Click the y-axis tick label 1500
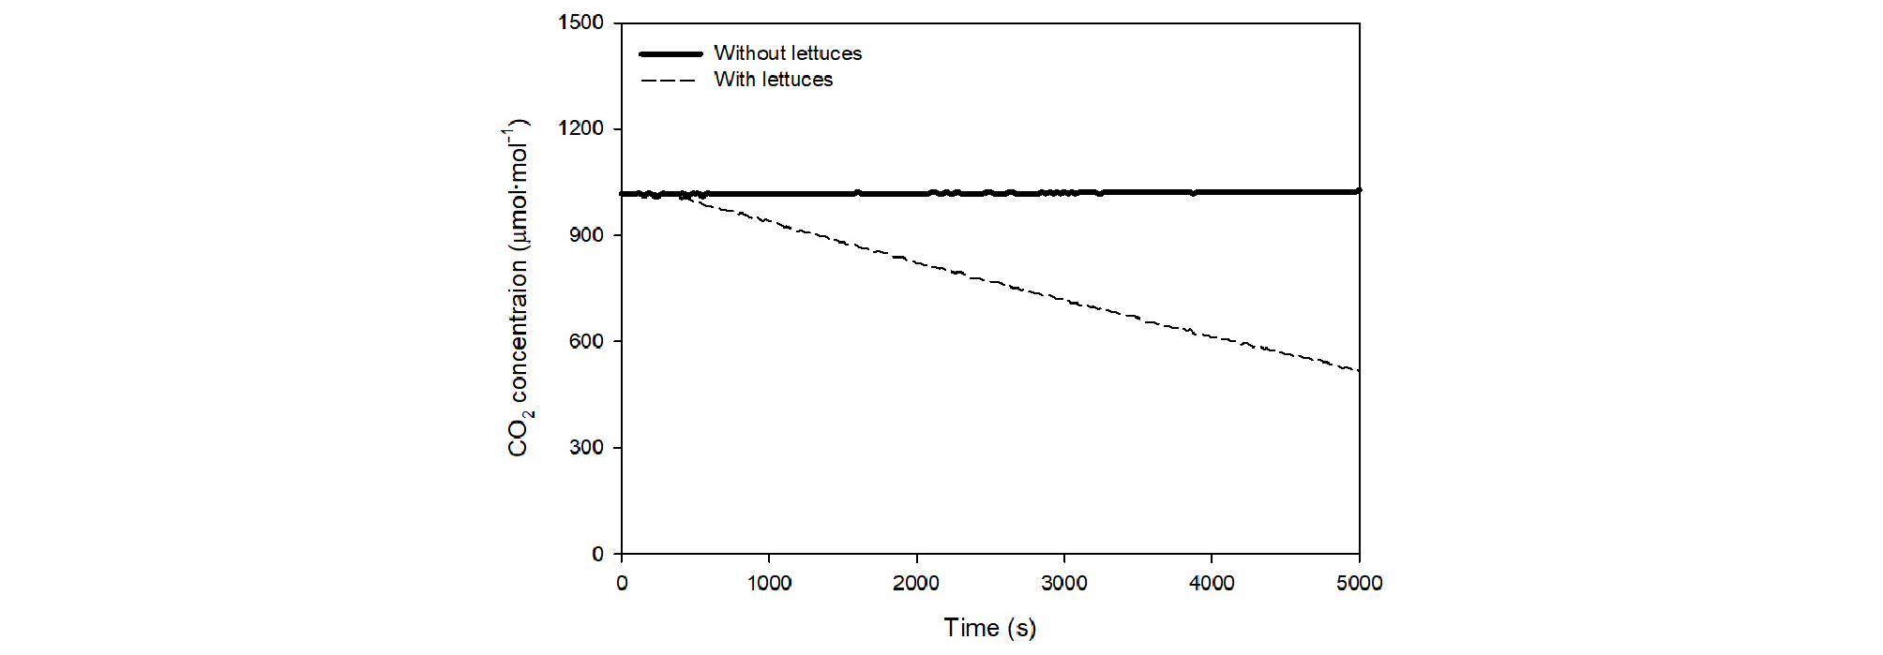click(x=580, y=22)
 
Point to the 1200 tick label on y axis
click(x=580, y=128)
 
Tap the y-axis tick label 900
click(x=586, y=235)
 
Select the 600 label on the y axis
click(x=586, y=341)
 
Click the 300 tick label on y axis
click(x=586, y=448)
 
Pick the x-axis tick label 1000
click(x=769, y=583)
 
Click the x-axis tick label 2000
click(x=916, y=583)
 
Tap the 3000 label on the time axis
click(x=1064, y=583)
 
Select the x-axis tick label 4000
click(x=1212, y=583)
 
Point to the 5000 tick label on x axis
click(x=1359, y=583)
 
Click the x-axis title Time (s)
click(x=989, y=628)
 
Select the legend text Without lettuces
click(x=788, y=53)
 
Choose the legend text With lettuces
click(x=774, y=80)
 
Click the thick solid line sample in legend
click(x=670, y=53)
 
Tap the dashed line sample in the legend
click(x=669, y=81)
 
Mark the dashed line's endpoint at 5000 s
click(x=1359, y=371)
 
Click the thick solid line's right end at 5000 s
click(x=1359, y=190)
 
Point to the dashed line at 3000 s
click(x=1064, y=300)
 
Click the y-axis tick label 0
click(x=597, y=555)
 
